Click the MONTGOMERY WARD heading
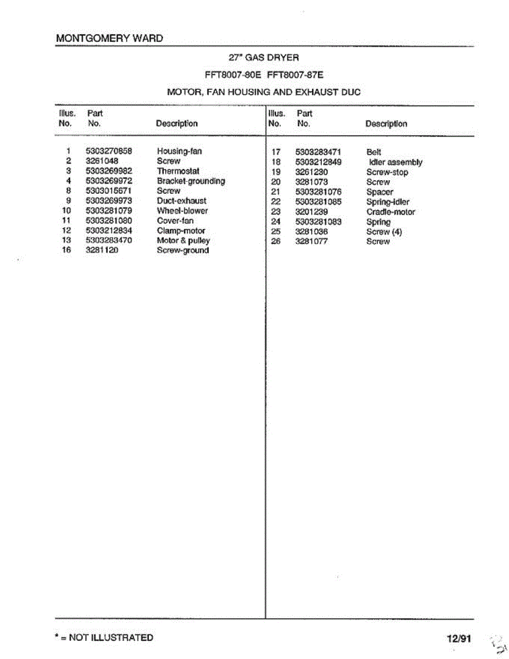point(110,38)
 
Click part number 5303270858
point(109,151)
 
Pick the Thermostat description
point(178,171)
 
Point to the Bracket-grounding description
point(191,181)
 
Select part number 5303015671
point(109,191)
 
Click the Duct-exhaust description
point(181,200)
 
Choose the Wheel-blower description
point(182,210)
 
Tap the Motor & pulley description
point(183,241)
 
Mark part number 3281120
point(102,250)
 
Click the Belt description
point(373,152)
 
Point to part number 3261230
point(311,172)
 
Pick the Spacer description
point(379,192)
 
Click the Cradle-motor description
point(390,212)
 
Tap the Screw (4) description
point(384,232)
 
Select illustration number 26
point(276,242)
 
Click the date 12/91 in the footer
point(458,639)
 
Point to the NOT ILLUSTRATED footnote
point(104,638)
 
